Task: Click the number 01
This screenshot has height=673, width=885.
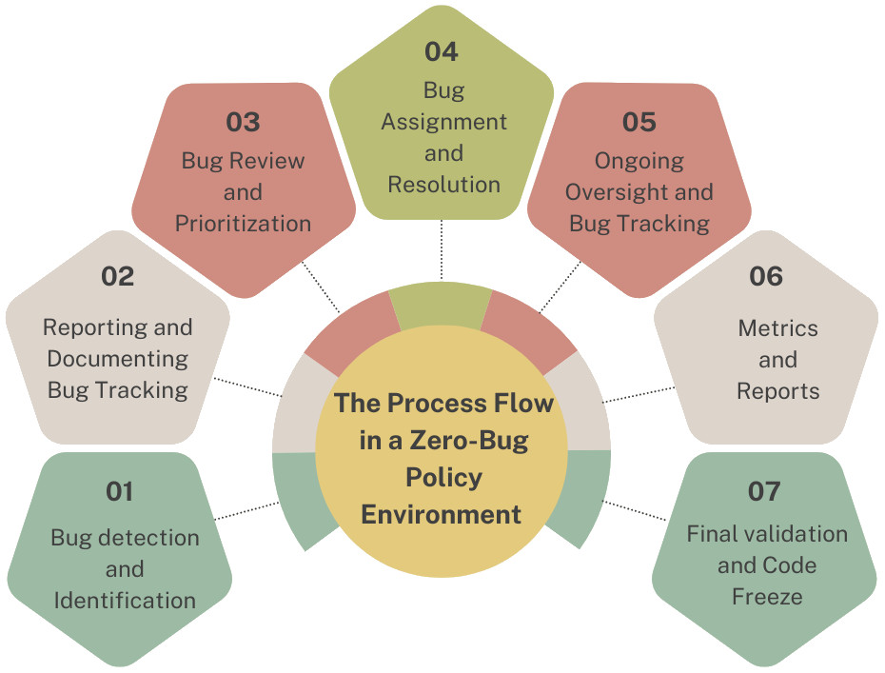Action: (120, 492)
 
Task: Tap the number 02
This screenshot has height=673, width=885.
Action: (118, 277)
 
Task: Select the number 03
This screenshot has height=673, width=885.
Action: (243, 122)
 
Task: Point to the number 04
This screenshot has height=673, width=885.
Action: (442, 52)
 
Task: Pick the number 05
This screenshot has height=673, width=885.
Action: (639, 122)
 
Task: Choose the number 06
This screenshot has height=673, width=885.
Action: (766, 277)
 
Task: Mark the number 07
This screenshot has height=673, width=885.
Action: (764, 492)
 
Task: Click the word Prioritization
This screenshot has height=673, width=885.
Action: (243, 224)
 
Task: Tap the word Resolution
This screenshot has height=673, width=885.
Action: (444, 185)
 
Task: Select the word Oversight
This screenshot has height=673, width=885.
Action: (616, 192)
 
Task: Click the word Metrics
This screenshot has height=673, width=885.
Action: (777, 328)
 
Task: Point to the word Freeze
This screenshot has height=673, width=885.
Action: (767, 597)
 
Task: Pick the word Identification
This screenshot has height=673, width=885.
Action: (125, 600)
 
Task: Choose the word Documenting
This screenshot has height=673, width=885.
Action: (118, 359)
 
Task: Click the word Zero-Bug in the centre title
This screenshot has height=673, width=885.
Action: (469, 441)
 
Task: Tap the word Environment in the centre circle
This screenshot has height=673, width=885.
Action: (441, 514)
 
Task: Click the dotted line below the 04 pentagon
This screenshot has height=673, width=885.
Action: (442, 249)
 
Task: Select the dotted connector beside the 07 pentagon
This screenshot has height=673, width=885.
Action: (635, 510)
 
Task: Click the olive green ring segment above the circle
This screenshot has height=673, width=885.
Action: (441, 306)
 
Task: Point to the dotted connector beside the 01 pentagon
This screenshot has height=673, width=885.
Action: (247, 510)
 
